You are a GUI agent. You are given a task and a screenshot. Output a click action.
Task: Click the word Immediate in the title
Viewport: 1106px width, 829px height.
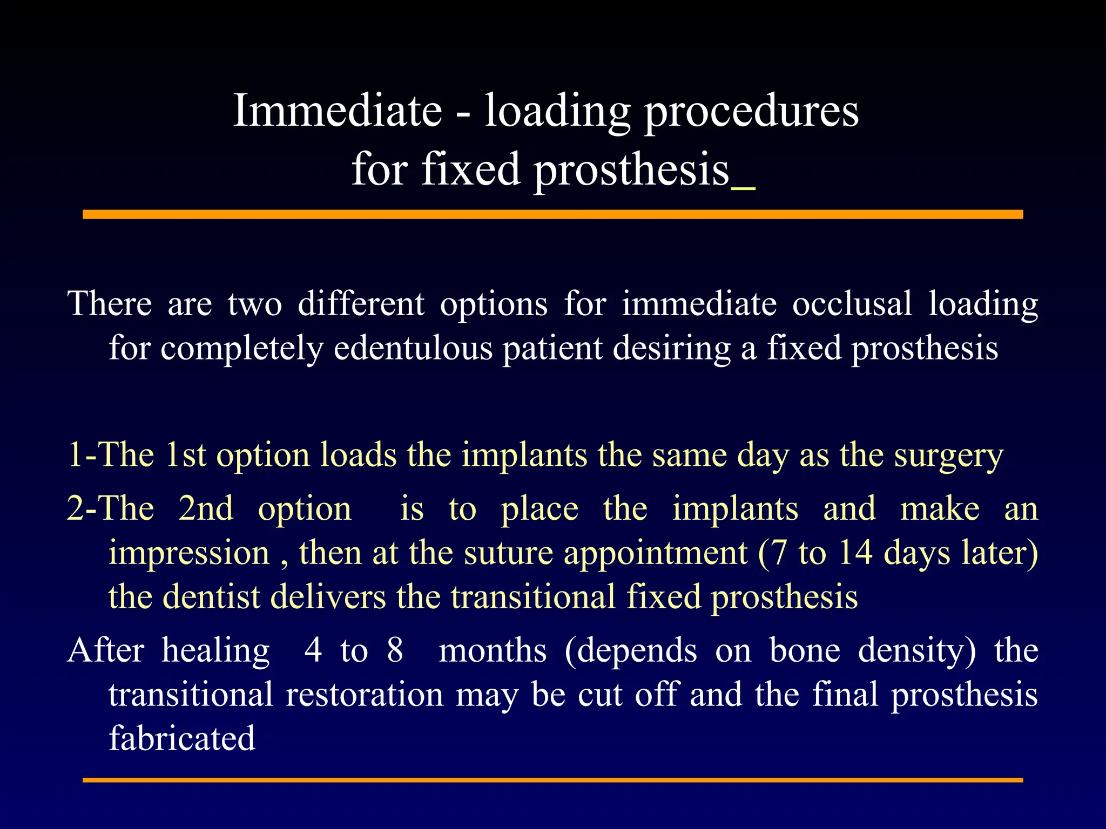click(338, 111)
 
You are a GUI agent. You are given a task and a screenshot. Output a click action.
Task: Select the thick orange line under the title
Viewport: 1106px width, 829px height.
click(552, 215)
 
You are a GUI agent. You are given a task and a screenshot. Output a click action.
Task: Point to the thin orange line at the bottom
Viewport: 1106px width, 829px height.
click(552, 780)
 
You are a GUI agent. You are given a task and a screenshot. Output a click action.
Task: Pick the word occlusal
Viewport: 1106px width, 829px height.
click(852, 304)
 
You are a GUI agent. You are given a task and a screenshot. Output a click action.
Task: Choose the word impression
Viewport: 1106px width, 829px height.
click(189, 554)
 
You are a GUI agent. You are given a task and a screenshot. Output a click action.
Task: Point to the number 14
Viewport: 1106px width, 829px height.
click(855, 553)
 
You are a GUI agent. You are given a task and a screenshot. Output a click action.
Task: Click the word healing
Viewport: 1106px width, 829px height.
click(215, 651)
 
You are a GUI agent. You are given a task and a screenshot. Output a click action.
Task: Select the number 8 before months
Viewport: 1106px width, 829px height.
click(395, 650)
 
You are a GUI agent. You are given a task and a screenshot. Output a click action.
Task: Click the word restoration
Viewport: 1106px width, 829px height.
click(365, 695)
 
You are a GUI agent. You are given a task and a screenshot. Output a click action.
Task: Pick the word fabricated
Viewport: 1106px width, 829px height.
click(182, 739)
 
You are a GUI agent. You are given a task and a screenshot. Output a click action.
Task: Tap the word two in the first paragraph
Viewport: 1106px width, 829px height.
click(254, 304)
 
